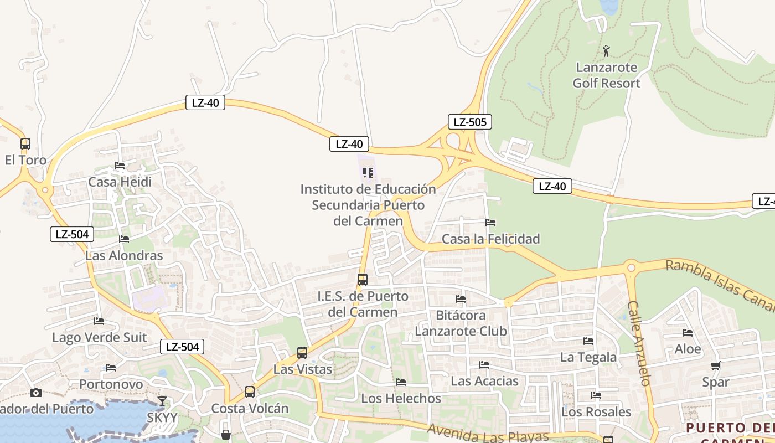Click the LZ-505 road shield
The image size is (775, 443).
coord(469,122)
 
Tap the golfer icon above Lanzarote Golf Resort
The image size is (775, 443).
coord(607,51)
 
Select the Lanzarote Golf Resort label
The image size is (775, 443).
coord(606,75)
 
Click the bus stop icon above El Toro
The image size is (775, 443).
coord(25,144)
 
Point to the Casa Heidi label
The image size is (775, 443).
coord(120,182)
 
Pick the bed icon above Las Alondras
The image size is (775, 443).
coord(124,239)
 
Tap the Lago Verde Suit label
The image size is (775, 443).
coord(100,337)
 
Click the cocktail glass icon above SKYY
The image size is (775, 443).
coord(162,401)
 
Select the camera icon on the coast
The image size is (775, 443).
coord(36,393)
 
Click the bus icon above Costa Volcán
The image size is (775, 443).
coord(250,392)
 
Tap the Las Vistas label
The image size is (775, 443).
coord(303,369)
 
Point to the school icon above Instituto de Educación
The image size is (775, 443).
coord(368,173)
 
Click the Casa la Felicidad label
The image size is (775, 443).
coord(490,239)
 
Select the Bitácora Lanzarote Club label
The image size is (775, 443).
coord(461,323)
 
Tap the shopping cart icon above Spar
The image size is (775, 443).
coord(715,365)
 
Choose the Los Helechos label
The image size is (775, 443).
coord(401,398)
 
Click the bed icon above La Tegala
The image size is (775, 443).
coord(588,341)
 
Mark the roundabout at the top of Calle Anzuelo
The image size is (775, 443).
coord(631,268)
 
